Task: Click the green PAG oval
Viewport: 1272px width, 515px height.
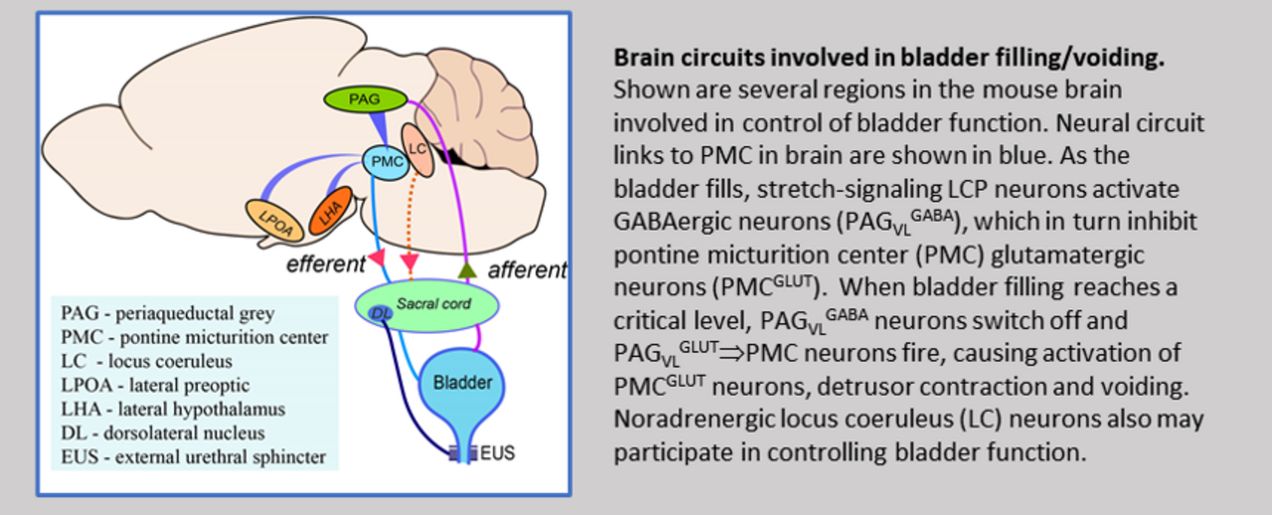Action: (366, 98)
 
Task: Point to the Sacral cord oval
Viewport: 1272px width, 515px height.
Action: (427, 303)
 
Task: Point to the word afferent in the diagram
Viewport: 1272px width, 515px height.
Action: (527, 268)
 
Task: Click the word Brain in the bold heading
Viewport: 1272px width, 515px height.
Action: (639, 59)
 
